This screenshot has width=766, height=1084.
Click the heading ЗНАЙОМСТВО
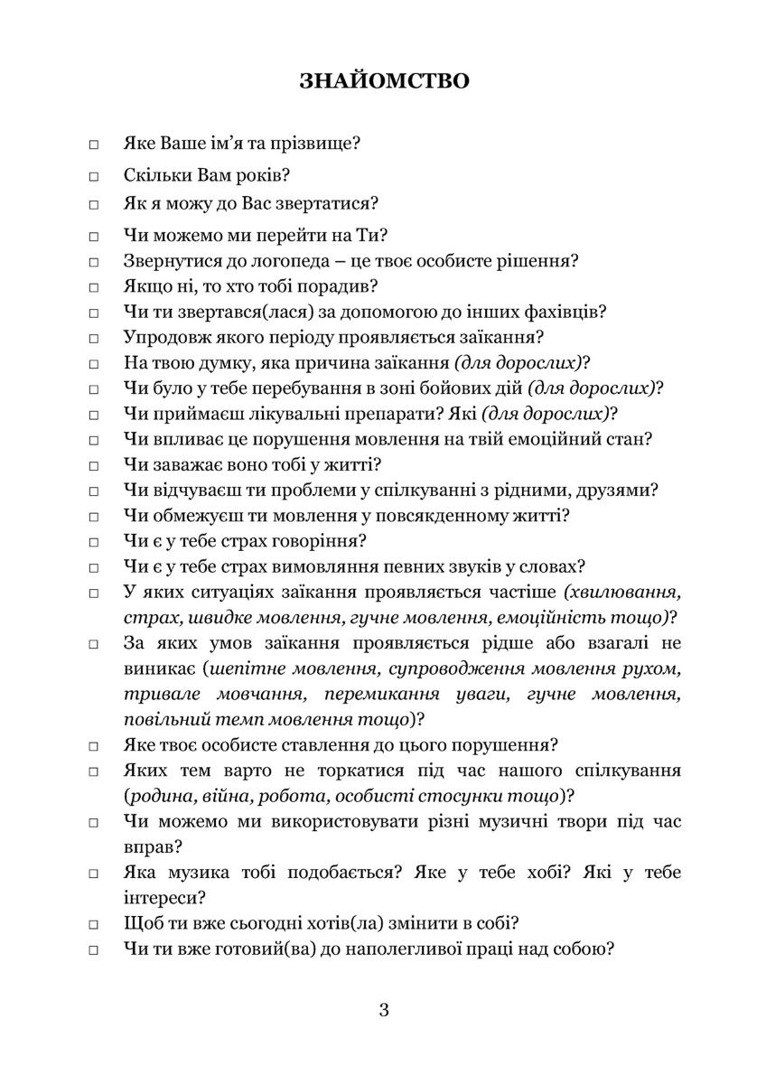click(x=384, y=81)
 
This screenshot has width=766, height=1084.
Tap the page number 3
click(x=384, y=1010)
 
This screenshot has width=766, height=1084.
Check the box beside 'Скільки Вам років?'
click(x=93, y=175)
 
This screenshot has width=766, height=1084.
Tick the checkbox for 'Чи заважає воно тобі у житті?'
click(x=93, y=466)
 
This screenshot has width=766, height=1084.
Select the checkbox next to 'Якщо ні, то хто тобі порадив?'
click(x=93, y=288)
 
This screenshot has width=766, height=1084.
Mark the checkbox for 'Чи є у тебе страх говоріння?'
click(x=93, y=543)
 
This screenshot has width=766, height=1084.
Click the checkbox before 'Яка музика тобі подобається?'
click(x=93, y=875)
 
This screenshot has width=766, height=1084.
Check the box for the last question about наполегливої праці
click(x=93, y=951)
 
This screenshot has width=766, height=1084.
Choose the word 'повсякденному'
click(x=398, y=517)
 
